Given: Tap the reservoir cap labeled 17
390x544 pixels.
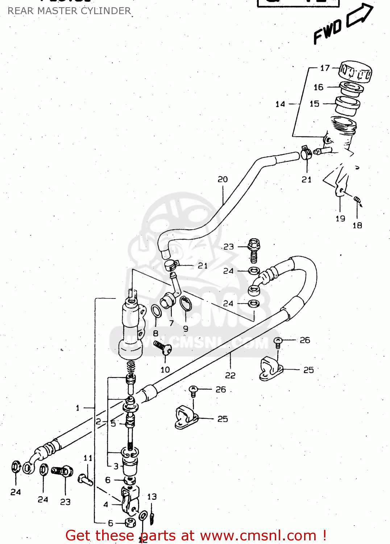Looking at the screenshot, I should [x=355, y=71].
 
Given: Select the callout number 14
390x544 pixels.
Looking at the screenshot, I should [x=280, y=104].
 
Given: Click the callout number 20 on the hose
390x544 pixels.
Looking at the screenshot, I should [x=223, y=179].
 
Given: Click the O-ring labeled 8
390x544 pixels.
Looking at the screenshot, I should [x=156, y=311].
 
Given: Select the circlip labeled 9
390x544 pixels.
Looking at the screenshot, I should [x=186, y=304].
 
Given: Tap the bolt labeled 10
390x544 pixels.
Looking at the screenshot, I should [x=162, y=347].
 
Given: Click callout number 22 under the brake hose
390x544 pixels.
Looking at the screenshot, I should [x=230, y=375].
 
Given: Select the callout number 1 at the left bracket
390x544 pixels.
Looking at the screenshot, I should [x=78, y=408].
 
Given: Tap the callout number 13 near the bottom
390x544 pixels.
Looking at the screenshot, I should [x=152, y=496].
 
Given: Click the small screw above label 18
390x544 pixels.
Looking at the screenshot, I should [x=358, y=200].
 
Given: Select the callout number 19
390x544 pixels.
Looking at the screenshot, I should [x=340, y=219].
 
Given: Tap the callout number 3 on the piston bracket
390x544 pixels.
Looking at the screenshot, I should [x=116, y=466].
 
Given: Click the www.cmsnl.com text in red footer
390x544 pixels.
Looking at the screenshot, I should [x=258, y=535].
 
